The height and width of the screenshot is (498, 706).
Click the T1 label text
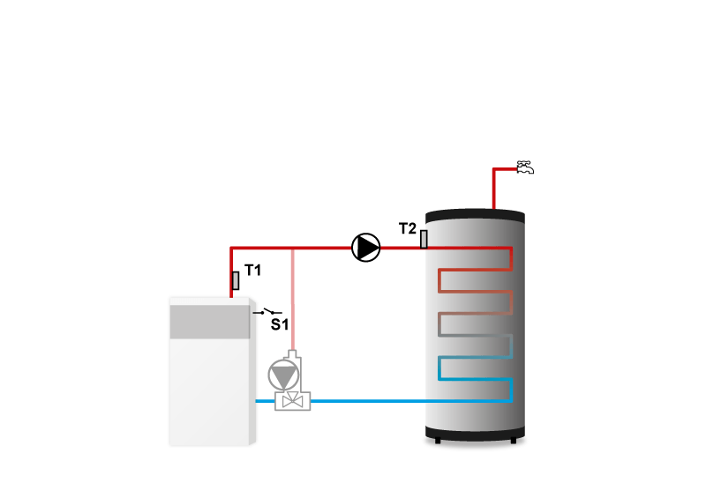click(x=252, y=271)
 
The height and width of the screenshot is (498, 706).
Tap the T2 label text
click(x=407, y=228)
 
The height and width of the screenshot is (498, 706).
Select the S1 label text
click(x=279, y=324)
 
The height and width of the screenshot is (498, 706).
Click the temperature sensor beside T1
click(x=236, y=281)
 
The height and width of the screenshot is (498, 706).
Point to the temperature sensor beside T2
click(x=424, y=239)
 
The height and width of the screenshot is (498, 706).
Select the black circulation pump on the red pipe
click(x=365, y=248)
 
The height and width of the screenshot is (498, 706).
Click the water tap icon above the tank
click(x=525, y=167)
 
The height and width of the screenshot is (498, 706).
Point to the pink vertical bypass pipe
click(x=292, y=300)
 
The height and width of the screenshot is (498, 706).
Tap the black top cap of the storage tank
click(x=476, y=215)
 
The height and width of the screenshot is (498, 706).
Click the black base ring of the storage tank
click(x=476, y=434)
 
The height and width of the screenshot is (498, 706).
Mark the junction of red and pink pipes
click(x=292, y=248)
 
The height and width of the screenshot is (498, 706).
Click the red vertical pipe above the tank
click(x=493, y=190)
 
